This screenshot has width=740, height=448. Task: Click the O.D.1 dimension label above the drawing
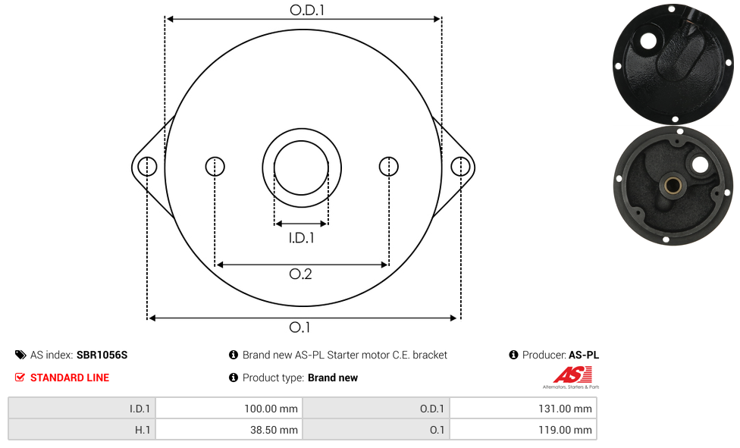point(307,10)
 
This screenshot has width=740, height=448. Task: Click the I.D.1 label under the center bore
point(301,237)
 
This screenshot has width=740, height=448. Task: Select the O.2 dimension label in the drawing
point(300,274)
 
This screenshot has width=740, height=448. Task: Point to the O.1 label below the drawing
point(299,327)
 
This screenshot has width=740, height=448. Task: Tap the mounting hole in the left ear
point(147,167)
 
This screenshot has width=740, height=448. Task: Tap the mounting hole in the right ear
point(460,167)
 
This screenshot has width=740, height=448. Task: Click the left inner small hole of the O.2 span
point(215,167)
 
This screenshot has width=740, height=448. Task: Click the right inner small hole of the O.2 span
point(389,167)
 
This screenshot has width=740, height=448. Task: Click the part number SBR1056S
point(102,355)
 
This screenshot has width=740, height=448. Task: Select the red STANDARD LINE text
point(70,378)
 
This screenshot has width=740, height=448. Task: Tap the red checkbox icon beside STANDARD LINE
point(20,378)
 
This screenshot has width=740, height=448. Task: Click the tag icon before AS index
point(20,355)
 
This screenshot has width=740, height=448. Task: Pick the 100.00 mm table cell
point(229,409)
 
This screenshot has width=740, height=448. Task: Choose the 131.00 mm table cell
point(523,409)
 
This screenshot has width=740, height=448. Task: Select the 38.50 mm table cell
point(229,430)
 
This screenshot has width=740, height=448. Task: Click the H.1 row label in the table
point(82,430)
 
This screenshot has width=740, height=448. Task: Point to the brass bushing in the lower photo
point(673,185)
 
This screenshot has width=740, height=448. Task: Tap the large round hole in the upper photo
point(648,41)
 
